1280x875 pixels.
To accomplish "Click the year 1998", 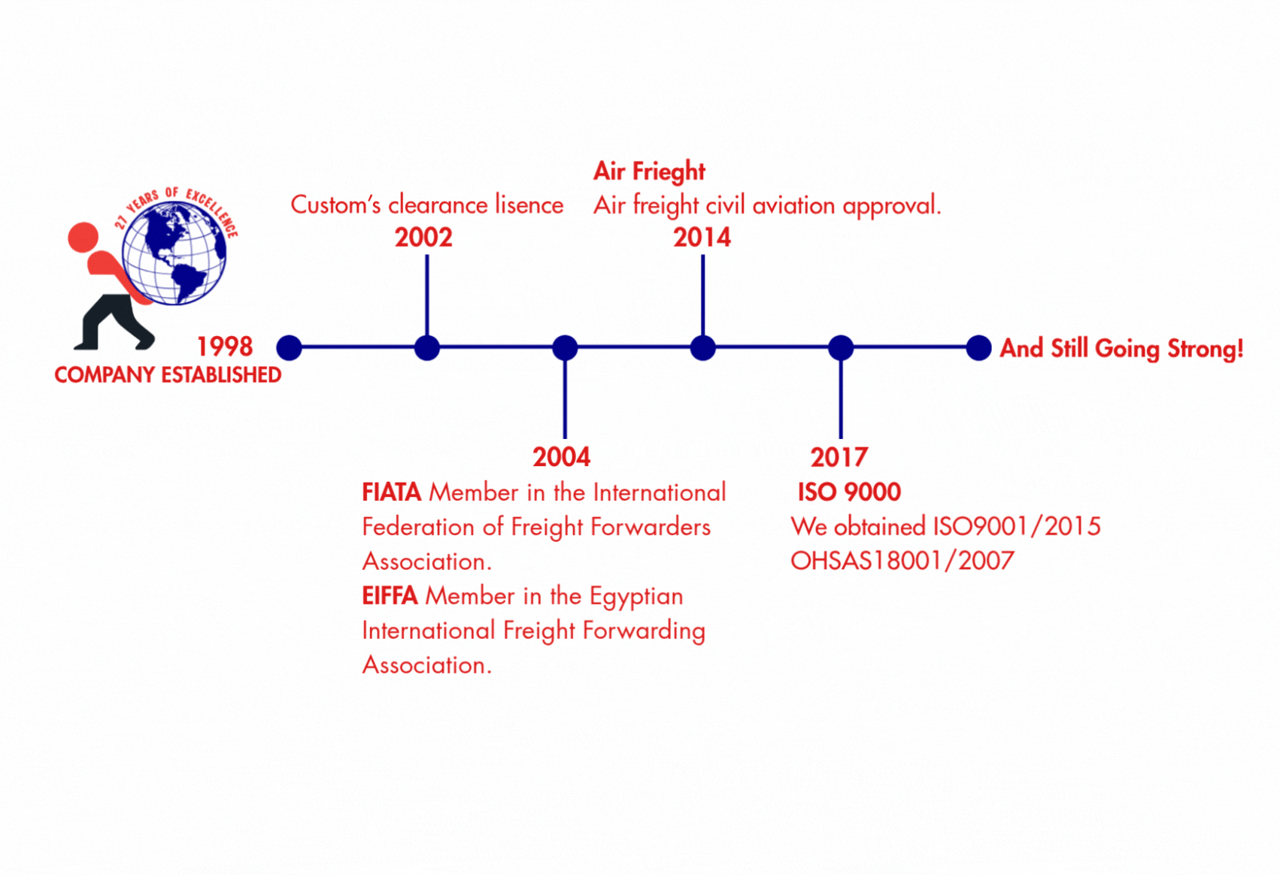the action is coord(225,347).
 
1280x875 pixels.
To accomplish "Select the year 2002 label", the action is coord(423,238).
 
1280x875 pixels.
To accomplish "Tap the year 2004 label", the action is coord(561,457).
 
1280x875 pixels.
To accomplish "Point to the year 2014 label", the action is coord(702,238).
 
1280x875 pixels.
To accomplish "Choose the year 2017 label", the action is coord(839,457).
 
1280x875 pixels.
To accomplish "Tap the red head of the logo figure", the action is coord(83,238).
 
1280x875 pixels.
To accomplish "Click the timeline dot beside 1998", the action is coord(289,347).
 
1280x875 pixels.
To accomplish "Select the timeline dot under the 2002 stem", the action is coord(426,347).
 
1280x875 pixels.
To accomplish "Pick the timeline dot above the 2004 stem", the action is coord(565,347).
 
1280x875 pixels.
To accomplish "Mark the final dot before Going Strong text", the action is coord(978,347).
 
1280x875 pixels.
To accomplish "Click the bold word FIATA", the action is coord(391,492).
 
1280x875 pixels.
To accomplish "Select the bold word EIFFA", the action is coord(390,596).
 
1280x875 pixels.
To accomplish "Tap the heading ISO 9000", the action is coord(849,492).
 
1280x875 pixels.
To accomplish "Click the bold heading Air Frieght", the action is coord(649,171).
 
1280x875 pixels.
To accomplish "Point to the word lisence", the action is coord(529,204).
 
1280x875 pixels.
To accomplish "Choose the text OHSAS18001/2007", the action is coord(902,561).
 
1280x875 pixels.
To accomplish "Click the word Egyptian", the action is coord(636,597).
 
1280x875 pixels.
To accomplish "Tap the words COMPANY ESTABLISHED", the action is coord(168,375).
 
